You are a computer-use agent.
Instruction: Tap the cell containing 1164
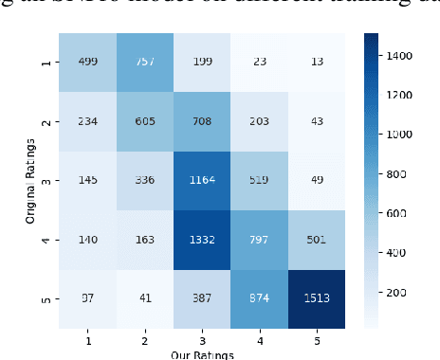[x=201, y=180]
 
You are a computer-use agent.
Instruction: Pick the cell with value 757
[x=145, y=63]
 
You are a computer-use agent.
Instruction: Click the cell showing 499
[x=88, y=63]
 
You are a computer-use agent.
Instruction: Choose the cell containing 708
[x=201, y=121]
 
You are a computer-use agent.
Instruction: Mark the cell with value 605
[x=145, y=121]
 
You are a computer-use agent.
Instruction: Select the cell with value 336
[x=145, y=180]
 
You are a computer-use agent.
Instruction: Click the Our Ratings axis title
[x=201, y=354]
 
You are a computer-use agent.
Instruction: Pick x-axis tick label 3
[x=201, y=337]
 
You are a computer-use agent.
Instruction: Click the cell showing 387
[x=201, y=297]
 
